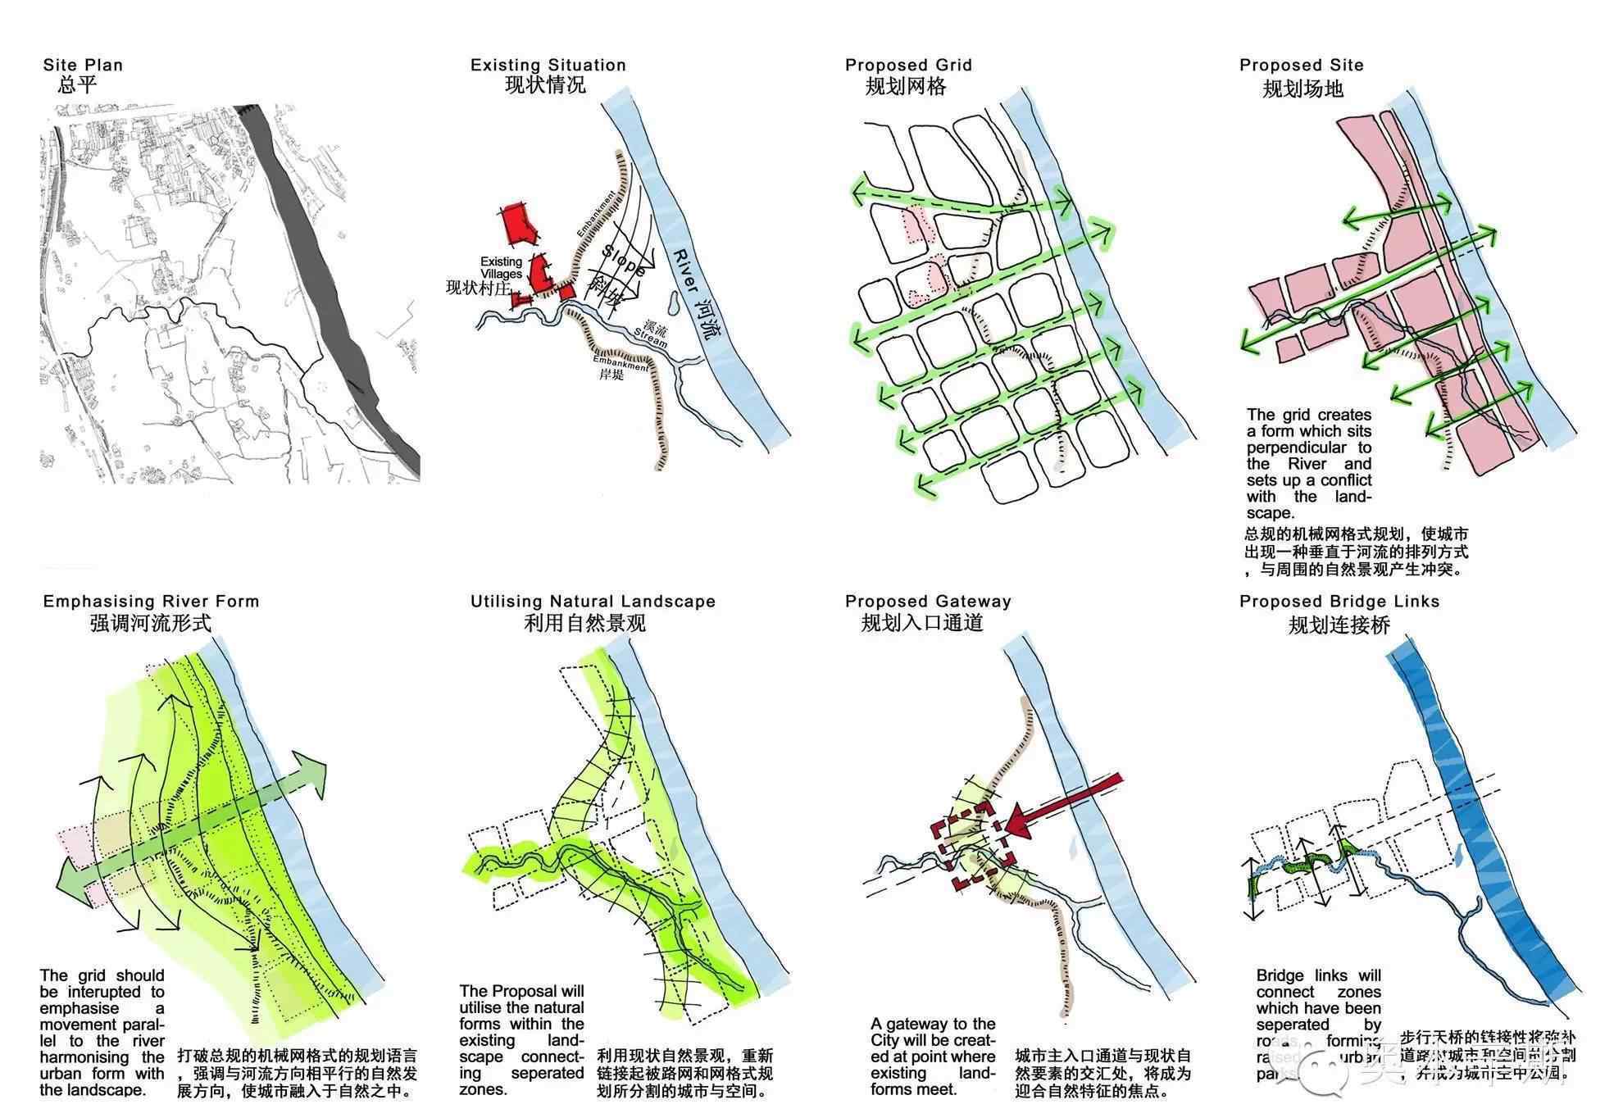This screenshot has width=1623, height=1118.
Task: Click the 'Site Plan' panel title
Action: coord(83,65)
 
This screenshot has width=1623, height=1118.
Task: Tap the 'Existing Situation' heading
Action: coord(548,65)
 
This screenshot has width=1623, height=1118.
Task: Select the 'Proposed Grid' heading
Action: coord(908,65)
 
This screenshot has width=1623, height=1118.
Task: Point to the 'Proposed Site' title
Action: coord(1301,65)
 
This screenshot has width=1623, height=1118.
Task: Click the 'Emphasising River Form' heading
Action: coord(151,601)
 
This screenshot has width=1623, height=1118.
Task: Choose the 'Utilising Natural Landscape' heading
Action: coord(593,601)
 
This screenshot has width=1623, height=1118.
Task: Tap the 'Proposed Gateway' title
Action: coord(928,601)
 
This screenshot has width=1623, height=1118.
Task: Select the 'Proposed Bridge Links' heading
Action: coord(1339,601)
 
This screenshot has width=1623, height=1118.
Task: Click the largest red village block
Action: coord(519,223)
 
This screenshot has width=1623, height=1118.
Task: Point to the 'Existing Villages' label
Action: coord(501,267)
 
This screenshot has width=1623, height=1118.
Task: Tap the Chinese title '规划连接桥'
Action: coord(1339,625)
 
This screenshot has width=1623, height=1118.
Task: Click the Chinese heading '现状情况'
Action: coord(545,85)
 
